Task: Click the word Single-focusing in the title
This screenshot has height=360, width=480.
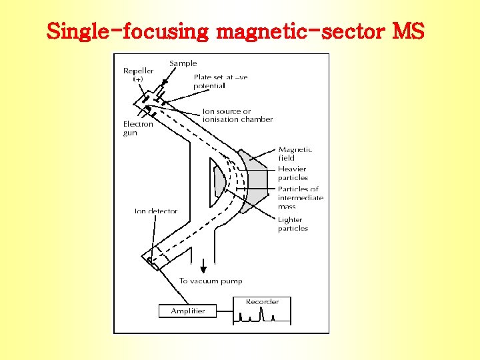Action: [127, 31]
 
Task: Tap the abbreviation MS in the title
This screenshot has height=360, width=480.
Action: [408, 31]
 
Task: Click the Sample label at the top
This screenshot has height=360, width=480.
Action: [183, 63]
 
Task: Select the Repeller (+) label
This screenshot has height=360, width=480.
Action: [138, 75]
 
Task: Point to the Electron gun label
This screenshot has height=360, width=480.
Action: [138, 128]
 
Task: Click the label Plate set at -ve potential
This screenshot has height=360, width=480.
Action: [220, 81]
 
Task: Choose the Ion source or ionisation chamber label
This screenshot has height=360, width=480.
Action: [237, 115]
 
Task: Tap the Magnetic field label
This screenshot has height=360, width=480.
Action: [295, 154]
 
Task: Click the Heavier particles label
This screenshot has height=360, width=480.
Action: [293, 173]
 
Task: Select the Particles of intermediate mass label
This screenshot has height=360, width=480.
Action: [300, 198]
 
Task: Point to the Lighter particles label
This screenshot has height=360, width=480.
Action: [293, 224]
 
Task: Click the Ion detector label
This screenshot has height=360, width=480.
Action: [156, 211]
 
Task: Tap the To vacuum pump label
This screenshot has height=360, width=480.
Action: [211, 281]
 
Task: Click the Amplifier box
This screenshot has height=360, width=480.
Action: [188, 311]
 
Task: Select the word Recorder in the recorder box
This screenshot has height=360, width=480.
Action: [262, 302]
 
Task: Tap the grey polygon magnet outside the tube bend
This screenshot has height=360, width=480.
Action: [257, 181]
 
